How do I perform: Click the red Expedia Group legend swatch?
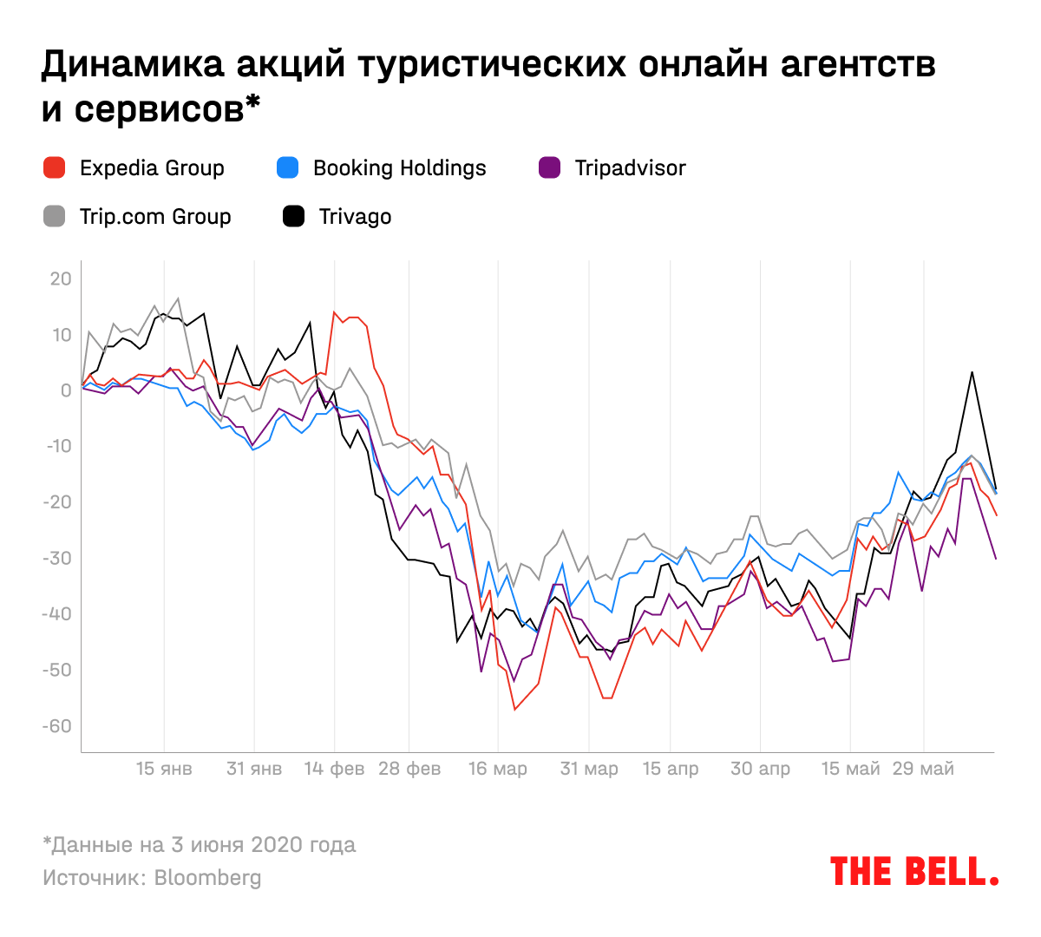[55, 168]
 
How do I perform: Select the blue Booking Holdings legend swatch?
[287, 168]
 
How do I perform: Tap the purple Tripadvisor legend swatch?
[549, 168]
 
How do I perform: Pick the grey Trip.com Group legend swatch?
[55, 217]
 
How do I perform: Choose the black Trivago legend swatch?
[294, 217]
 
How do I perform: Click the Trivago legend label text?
[355, 217]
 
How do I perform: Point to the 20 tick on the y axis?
[61, 279]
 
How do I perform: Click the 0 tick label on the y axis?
[66, 390]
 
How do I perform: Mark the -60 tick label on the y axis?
[57, 726]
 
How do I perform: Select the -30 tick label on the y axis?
[57, 559]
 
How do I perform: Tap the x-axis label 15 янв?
[164, 769]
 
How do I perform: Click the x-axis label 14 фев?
[334, 769]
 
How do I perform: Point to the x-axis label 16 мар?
[497, 769]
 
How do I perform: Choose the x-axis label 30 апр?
[760, 769]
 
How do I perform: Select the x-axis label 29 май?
[923, 769]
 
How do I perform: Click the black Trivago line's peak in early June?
[972, 372]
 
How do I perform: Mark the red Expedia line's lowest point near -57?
[514, 710]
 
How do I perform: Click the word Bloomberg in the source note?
[207, 878]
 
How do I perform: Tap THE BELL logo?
[913, 871]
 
